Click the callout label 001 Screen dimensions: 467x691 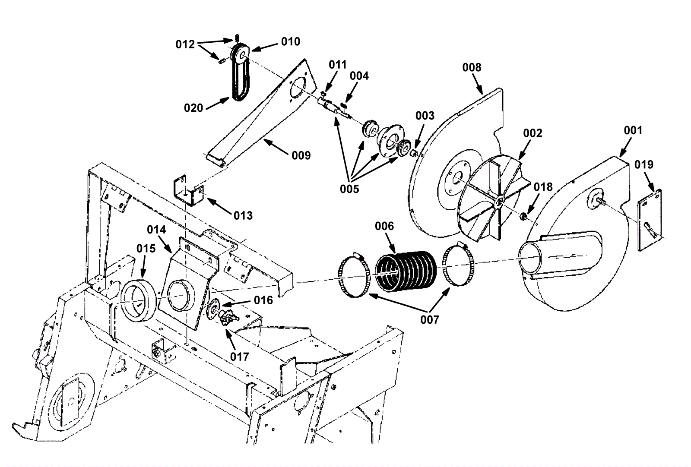pos(633,130)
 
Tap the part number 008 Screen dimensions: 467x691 pos(472,67)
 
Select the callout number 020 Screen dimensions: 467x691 pos(193,108)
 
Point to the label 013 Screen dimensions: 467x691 pos(243,215)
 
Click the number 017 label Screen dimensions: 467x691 pos(239,357)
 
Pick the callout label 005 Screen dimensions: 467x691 pos(349,189)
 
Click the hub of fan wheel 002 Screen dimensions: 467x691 pos(498,201)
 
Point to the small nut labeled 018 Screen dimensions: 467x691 pos(522,215)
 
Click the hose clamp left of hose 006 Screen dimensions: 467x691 pos(353,276)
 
